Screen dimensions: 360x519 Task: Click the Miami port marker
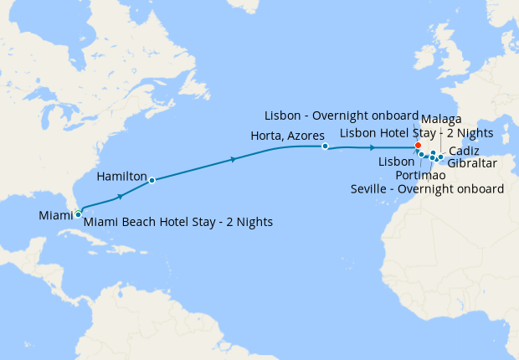(78, 214)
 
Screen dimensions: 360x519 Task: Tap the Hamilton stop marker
(152, 180)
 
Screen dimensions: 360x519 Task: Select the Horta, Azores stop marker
(325, 147)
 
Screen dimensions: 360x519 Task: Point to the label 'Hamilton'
(121, 177)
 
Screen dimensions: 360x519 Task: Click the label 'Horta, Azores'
(287, 135)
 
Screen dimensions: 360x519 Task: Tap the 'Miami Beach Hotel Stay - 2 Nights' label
(178, 222)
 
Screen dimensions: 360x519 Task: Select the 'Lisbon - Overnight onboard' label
(341, 116)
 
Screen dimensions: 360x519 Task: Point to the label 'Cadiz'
(464, 151)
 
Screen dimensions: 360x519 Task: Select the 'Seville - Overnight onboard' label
(427, 189)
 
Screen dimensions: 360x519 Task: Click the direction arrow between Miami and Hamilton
(121, 196)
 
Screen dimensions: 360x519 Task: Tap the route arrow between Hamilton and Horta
(232, 160)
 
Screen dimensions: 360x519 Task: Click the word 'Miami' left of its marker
(55, 216)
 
